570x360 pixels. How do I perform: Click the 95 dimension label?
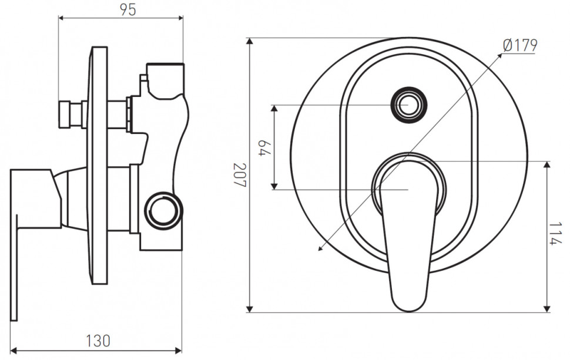point(128,10)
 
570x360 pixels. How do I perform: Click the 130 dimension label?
point(98,341)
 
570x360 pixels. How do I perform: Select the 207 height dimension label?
point(240,175)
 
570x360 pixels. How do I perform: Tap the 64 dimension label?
point(265,147)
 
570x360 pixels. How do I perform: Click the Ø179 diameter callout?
point(520,45)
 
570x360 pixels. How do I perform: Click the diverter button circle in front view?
point(408,105)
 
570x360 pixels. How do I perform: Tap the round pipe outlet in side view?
point(163,211)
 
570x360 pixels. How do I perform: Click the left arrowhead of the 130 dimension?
point(14,351)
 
